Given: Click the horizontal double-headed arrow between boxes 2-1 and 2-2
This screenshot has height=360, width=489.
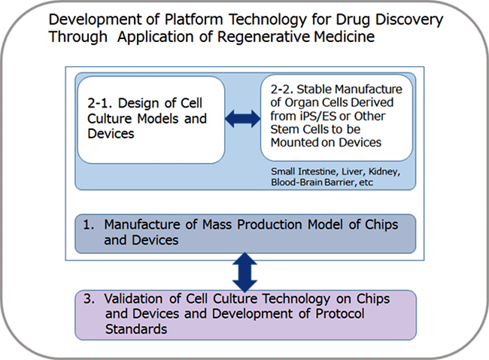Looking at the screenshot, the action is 243,119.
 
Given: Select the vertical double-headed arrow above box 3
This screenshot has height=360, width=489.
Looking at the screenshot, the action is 244,272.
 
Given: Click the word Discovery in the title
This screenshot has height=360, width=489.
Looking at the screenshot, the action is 409,20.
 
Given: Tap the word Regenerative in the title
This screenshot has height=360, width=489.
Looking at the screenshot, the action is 264,38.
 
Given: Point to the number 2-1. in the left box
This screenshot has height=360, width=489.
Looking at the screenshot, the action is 99,103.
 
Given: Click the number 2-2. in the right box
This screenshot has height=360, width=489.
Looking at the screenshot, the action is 281,89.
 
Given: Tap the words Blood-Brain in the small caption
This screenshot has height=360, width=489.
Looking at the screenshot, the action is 296,182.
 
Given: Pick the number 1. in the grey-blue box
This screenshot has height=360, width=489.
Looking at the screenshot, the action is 88,225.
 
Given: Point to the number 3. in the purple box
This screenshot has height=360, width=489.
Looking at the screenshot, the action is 89,298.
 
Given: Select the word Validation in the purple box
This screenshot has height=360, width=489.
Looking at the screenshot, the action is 133,298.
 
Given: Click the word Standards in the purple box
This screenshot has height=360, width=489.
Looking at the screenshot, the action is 136,329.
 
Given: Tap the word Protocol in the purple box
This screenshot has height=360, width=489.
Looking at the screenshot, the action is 340,313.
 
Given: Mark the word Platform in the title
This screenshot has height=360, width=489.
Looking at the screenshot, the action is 193,20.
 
